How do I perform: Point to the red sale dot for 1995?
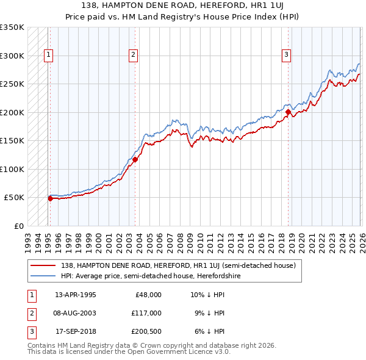coord(50,198)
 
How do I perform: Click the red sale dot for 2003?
coord(135,160)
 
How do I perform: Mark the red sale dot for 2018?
coord(288,112)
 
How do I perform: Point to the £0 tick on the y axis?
coord(18,226)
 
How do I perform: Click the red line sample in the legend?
coord(43,265)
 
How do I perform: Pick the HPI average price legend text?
coord(151,276)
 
